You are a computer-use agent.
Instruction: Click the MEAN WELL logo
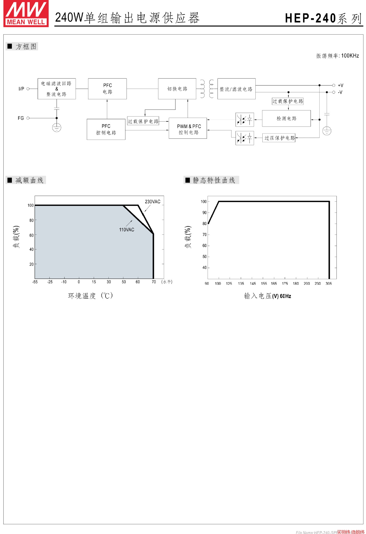[x=26, y=14]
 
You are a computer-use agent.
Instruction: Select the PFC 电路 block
[x=107, y=89]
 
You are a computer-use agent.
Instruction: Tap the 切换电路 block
[x=177, y=89]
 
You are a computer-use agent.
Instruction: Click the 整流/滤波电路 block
[x=236, y=89]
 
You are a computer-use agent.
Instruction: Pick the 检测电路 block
[x=286, y=118]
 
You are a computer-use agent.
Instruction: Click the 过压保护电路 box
[x=279, y=138]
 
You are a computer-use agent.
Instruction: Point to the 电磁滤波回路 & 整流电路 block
[x=57, y=89]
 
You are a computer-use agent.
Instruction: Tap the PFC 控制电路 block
[x=106, y=129]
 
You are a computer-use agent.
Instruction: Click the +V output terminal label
[x=340, y=85]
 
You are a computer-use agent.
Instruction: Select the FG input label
[x=21, y=118]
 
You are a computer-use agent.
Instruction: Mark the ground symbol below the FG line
[x=57, y=128]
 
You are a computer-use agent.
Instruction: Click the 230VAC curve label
[x=153, y=202]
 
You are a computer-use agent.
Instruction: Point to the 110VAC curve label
[x=126, y=230]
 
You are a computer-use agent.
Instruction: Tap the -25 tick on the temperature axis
[x=50, y=282]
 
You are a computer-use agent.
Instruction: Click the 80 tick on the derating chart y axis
[x=31, y=220]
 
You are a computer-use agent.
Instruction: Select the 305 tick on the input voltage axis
[x=328, y=284]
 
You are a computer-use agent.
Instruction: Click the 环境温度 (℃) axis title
[x=90, y=296]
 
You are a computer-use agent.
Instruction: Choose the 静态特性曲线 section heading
[x=214, y=180]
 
